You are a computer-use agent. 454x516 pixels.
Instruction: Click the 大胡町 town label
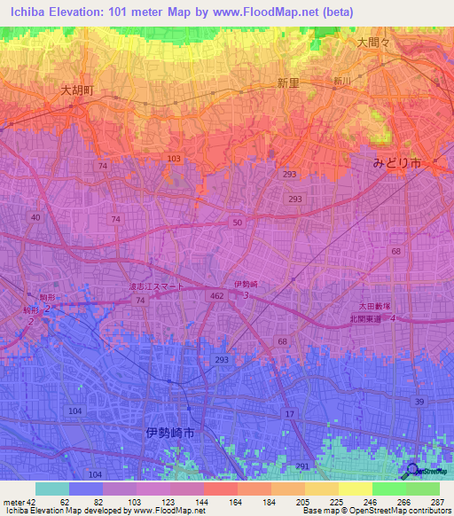[x=78, y=90]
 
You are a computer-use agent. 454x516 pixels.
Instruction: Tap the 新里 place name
[x=288, y=83]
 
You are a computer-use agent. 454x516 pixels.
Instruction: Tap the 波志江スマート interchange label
[x=156, y=286]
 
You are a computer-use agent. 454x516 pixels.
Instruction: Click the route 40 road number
[x=35, y=217]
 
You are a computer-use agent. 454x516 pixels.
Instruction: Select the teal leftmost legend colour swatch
[x=51, y=489]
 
